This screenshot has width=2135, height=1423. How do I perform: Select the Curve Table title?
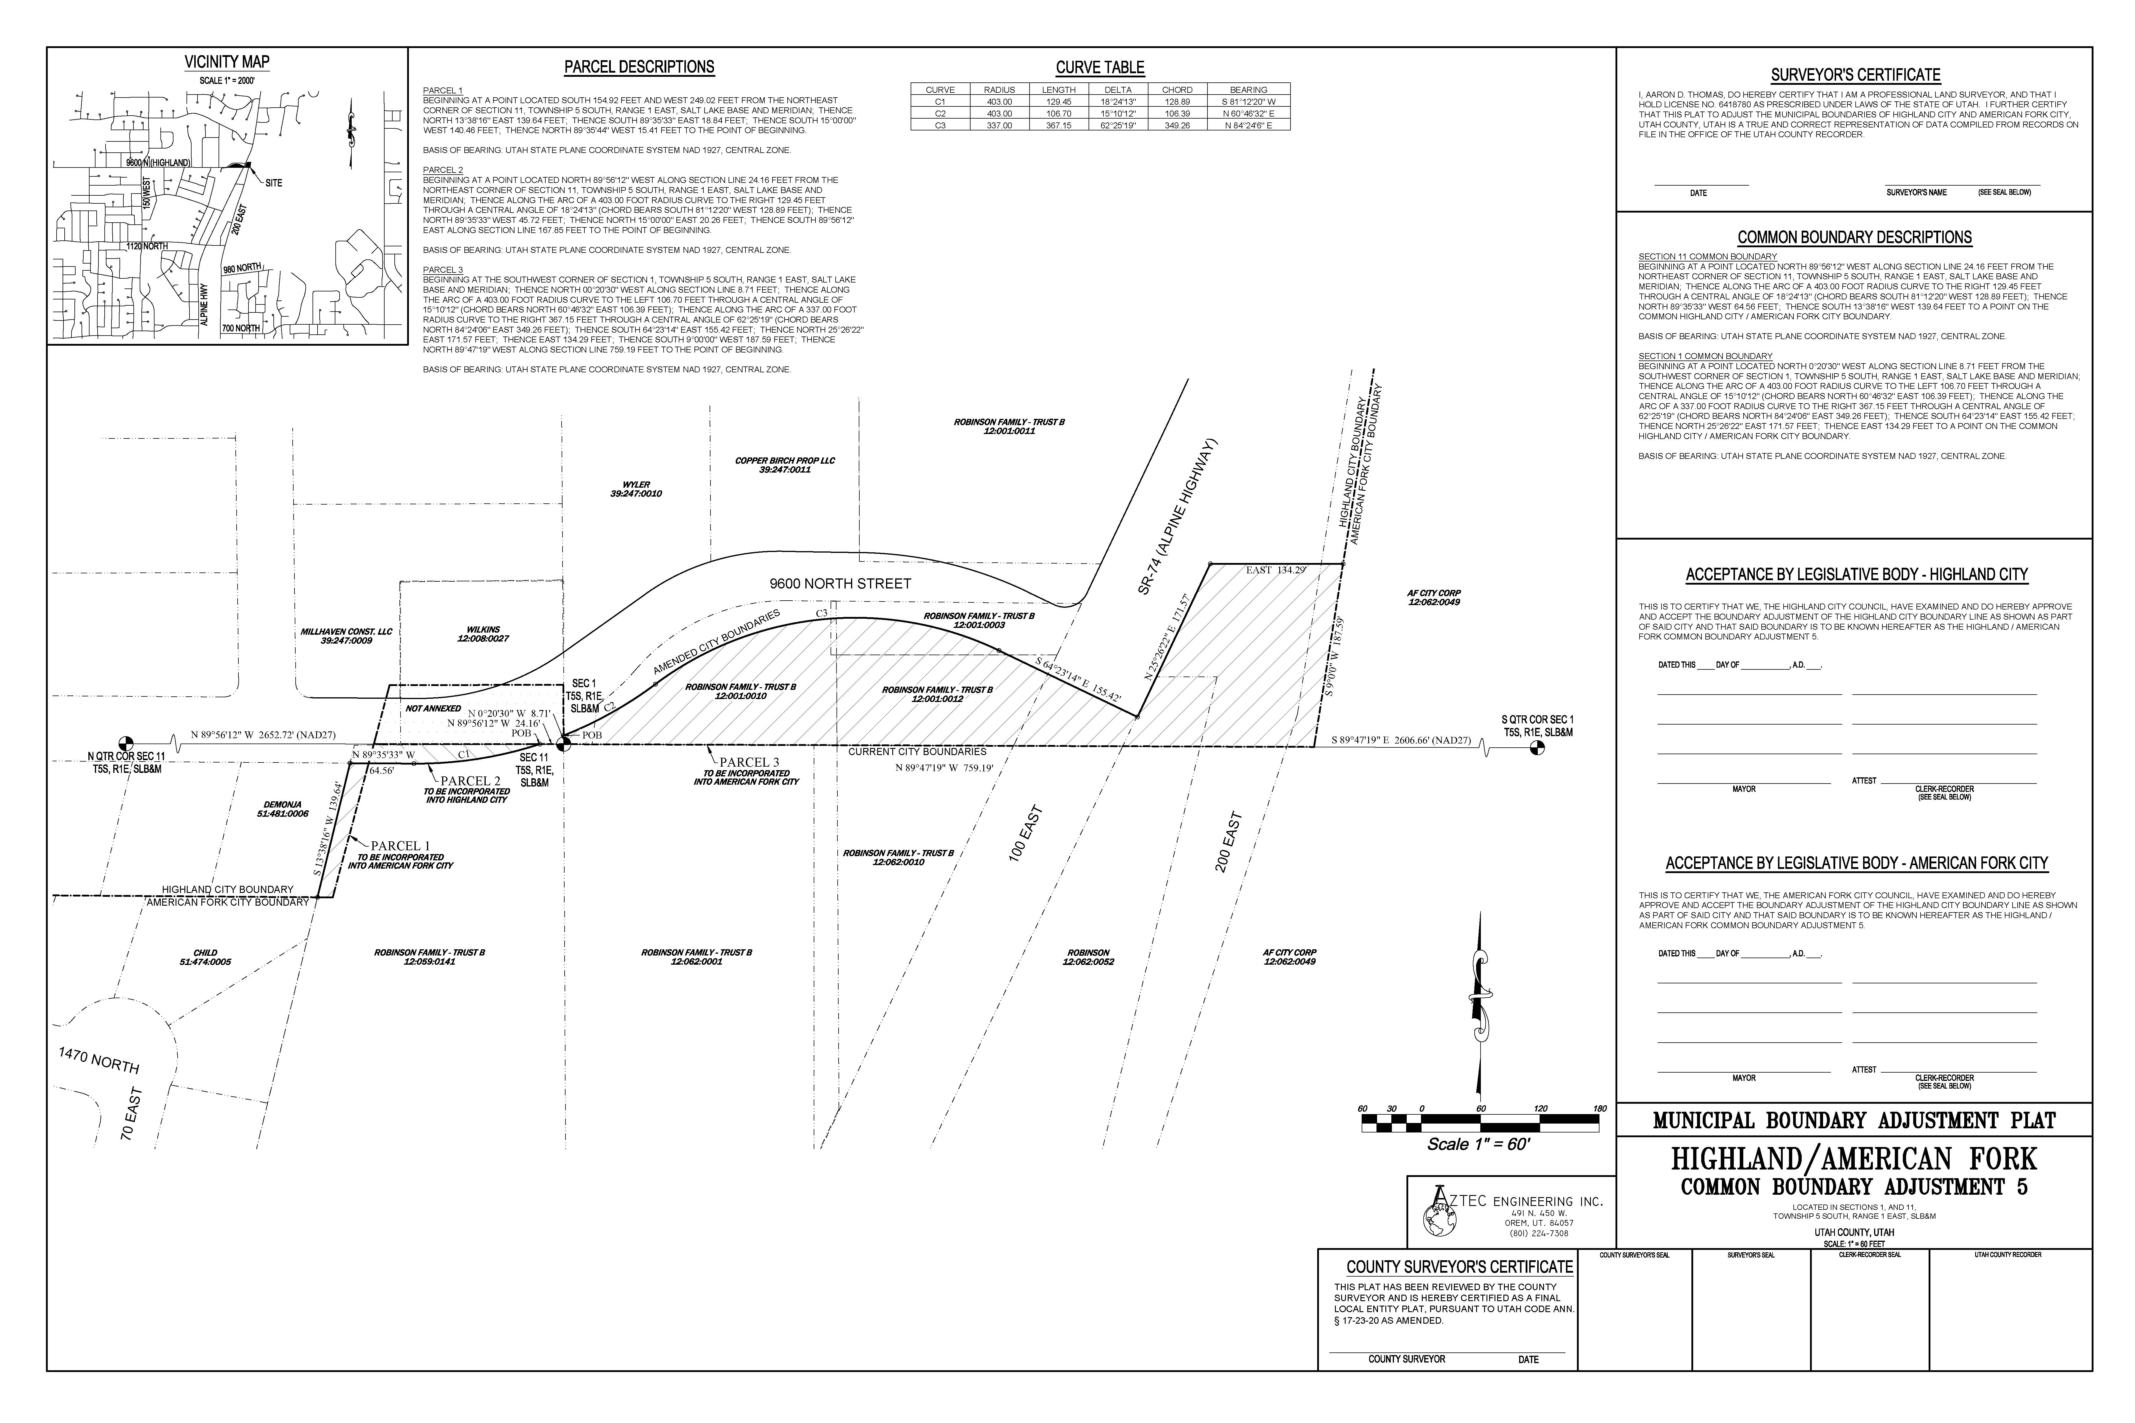click(x=1099, y=67)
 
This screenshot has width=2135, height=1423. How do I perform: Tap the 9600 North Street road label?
click(x=840, y=583)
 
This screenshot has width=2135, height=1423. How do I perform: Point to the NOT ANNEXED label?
click(x=433, y=708)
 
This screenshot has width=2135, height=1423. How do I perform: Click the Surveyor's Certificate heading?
click(x=1854, y=75)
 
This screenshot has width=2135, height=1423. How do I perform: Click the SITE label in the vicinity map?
click(x=273, y=183)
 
